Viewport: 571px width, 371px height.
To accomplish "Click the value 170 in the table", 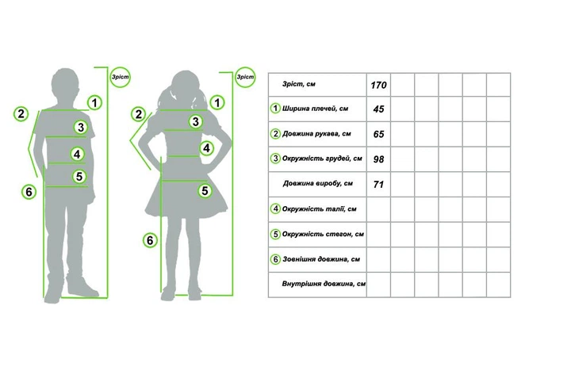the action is [x=378, y=85].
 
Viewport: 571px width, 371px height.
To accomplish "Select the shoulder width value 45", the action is [x=378, y=109].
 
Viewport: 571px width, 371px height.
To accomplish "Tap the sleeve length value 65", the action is [x=378, y=134].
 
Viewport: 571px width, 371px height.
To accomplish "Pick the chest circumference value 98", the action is [x=378, y=159].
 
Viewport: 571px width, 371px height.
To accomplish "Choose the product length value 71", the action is [x=378, y=185].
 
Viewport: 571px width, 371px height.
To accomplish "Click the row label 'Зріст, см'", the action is [x=299, y=84].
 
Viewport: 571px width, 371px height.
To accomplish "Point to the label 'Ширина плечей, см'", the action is [x=315, y=109].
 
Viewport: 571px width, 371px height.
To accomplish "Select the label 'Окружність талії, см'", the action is [x=319, y=209].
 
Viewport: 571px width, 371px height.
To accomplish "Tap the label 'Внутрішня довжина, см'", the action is [x=324, y=284].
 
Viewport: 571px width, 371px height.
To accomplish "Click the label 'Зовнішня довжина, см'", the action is [x=321, y=259].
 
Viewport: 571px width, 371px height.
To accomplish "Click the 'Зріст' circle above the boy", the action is [x=120, y=77].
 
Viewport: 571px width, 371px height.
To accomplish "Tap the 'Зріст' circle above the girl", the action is [x=245, y=77].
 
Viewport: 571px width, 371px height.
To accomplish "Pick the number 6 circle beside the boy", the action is [x=29, y=192].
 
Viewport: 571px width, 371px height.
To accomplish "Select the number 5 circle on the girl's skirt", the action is [x=205, y=190].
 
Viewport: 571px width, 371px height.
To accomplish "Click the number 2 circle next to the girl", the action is [x=138, y=114].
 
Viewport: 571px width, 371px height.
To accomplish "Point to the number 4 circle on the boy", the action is [x=77, y=155].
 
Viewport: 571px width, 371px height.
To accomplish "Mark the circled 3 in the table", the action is [x=275, y=159].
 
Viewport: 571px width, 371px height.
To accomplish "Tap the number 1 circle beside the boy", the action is [x=94, y=103].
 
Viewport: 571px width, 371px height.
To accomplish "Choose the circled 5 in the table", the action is [x=275, y=234].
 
